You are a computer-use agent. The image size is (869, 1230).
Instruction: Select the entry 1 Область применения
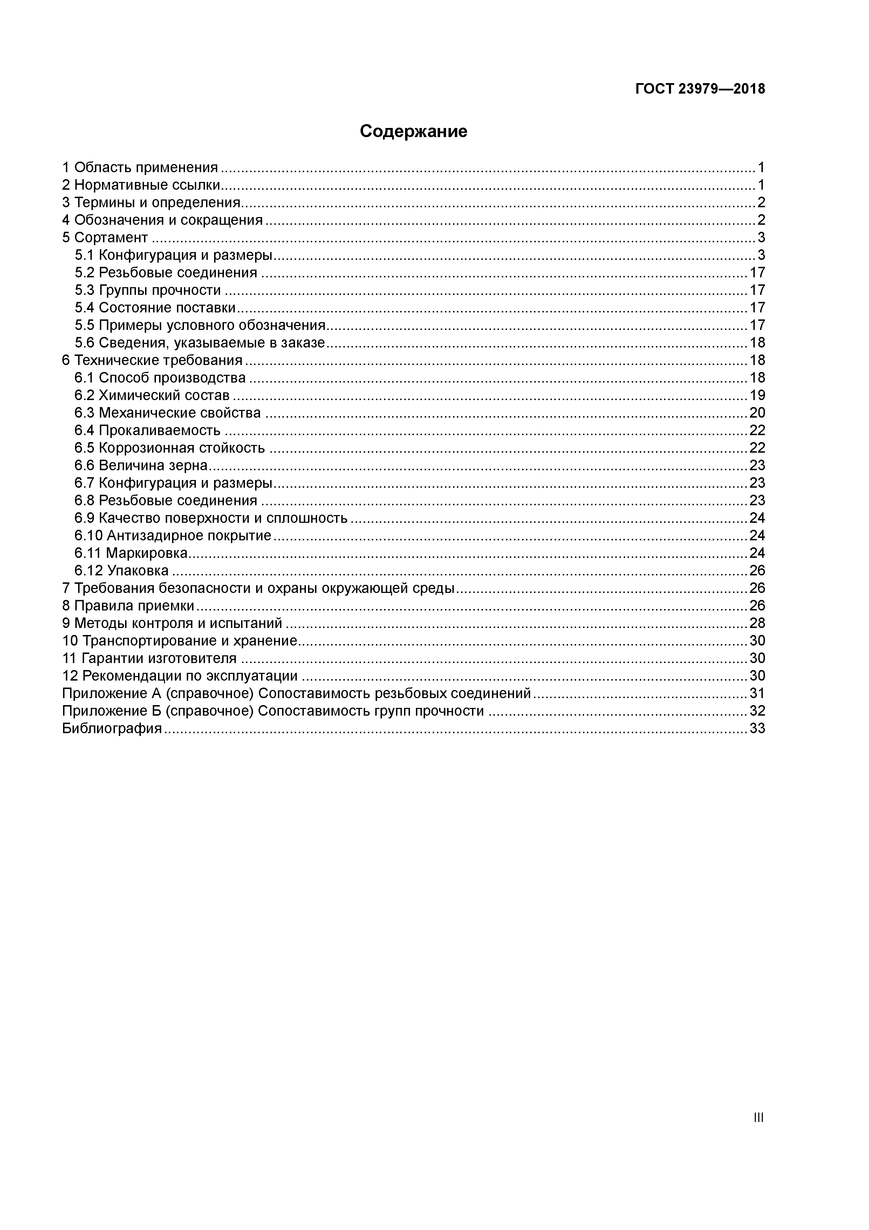pos(140,168)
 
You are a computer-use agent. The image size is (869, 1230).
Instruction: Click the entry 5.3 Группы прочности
pos(148,290)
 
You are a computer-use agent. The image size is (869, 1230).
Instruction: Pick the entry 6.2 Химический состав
pos(152,396)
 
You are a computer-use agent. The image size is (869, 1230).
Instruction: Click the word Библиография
pos(112,729)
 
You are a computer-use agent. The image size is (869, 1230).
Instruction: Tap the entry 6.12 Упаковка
pos(122,570)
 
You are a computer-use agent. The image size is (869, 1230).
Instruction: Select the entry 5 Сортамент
pos(105,238)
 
